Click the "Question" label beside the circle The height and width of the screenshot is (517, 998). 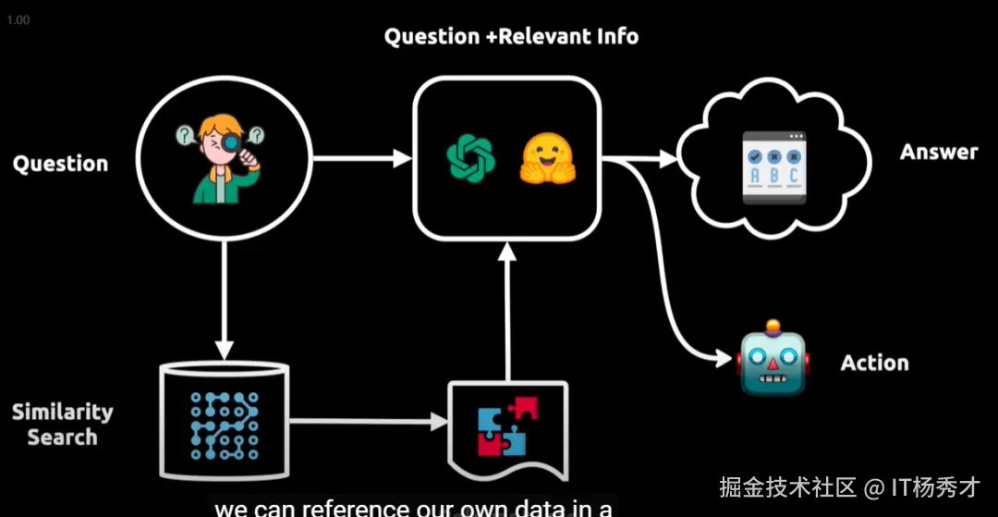tap(60, 164)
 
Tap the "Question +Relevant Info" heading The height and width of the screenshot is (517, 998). tap(511, 37)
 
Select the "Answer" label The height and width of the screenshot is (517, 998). tap(939, 152)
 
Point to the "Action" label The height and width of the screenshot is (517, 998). tap(874, 363)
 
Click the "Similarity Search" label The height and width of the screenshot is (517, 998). tap(62, 425)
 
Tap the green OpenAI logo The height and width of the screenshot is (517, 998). tap(470, 157)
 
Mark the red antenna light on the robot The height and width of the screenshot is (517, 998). tap(773, 326)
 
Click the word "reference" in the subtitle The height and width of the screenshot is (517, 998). tap(346, 508)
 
